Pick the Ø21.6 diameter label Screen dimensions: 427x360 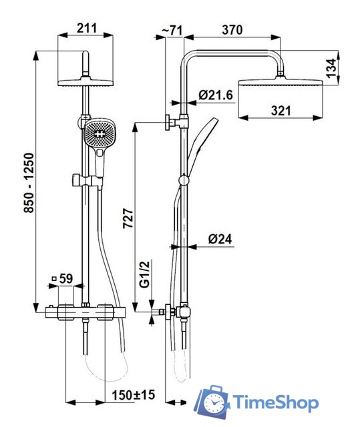tap(216, 96)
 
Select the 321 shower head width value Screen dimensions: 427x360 tap(281, 111)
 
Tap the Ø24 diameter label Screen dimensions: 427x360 tap(219, 239)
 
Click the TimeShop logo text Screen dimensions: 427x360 tap(276, 402)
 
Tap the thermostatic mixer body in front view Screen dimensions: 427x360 tap(86, 310)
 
